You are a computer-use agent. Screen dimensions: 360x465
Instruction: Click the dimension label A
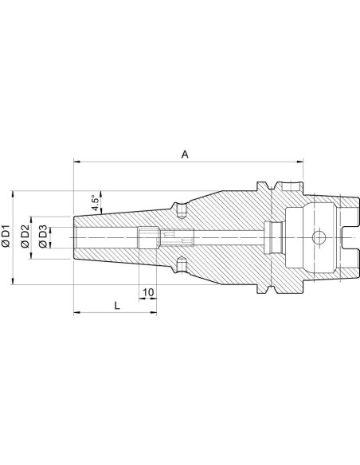[185, 154]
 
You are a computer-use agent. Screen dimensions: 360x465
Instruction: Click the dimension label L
[117, 306]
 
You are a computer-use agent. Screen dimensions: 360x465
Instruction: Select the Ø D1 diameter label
[6, 236]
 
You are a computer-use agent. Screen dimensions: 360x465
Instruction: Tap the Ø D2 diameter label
[25, 236]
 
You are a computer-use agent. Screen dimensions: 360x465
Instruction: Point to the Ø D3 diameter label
[43, 236]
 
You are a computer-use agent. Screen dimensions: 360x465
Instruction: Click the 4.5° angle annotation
[96, 203]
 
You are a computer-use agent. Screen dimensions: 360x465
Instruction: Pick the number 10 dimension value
[148, 292]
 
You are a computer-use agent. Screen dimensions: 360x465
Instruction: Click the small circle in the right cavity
[319, 237]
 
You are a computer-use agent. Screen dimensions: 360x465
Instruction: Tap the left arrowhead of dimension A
[77, 162]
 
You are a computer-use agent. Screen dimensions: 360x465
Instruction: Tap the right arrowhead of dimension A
[299, 162]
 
